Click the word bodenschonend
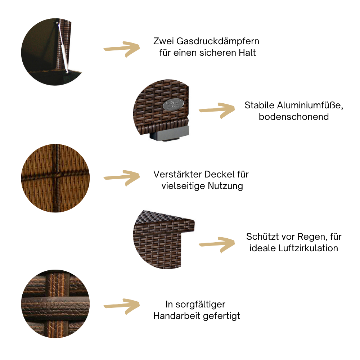[294, 117]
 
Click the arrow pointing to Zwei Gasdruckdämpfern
[121, 49]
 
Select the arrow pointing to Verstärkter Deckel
[121, 177]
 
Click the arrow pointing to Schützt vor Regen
[217, 244]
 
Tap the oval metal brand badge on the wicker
[172, 104]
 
